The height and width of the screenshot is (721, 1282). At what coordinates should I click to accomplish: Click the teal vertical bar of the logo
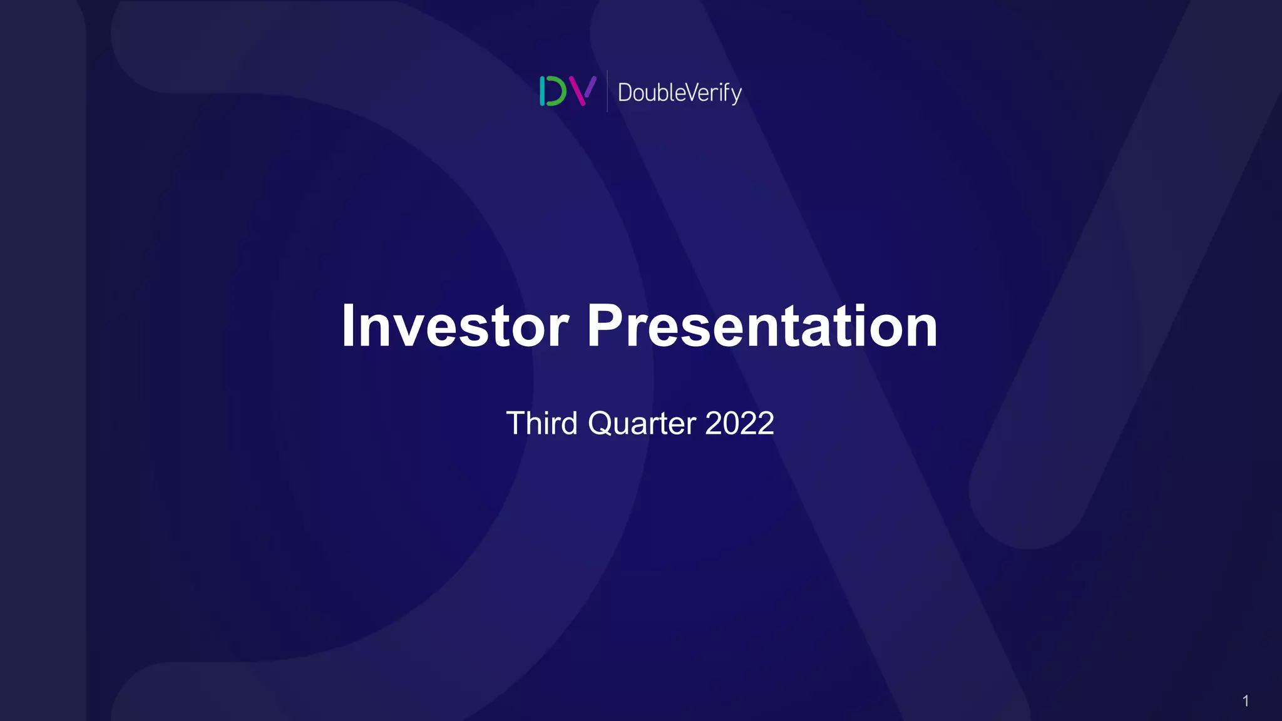[x=542, y=91]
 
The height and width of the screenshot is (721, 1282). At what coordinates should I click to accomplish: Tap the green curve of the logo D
[x=559, y=91]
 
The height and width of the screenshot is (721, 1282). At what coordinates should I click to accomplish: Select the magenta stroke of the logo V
[x=579, y=93]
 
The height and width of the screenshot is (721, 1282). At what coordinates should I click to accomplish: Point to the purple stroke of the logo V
[x=590, y=86]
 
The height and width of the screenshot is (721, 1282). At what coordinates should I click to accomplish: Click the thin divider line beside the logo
[x=607, y=91]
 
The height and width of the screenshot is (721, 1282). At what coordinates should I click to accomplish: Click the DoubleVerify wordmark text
[x=679, y=93]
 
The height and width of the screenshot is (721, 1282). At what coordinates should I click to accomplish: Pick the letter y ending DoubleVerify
[x=737, y=95]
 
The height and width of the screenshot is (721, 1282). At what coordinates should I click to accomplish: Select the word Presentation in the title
[x=762, y=326]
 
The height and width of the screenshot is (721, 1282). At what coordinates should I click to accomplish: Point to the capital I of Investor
[x=348, y=326]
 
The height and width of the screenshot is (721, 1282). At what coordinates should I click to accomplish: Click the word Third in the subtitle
[x=541, y=424]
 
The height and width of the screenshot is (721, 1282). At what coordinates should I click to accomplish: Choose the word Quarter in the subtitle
[x=642, y=424]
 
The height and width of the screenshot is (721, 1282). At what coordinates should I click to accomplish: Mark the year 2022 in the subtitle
[x=739, y=424]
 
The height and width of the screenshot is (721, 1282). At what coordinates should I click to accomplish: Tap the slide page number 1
[x=1246, y=701]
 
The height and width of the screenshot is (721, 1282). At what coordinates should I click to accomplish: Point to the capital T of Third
[x=516, y=424]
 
